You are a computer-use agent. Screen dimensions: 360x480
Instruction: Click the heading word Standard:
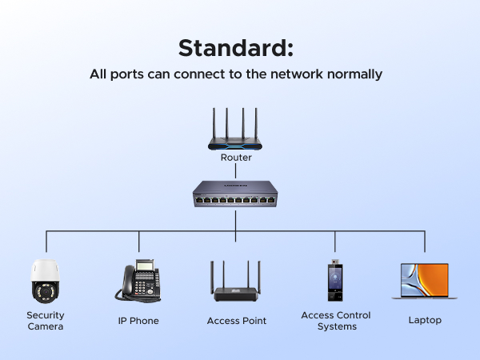[x=236, y=48]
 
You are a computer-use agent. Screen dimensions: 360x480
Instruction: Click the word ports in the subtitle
[x=132, y=74]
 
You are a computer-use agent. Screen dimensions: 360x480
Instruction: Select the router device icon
[x=234, y=131]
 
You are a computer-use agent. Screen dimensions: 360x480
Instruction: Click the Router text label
[x=236, y=158]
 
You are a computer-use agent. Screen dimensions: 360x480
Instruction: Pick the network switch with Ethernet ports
[x=235, y=193]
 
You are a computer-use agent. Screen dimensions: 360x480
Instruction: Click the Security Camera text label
[x=46, y=321]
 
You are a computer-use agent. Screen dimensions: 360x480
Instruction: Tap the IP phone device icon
[x=138, y=281]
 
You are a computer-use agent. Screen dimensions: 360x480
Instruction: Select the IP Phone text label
[x=138, y=321]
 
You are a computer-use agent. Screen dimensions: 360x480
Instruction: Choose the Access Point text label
[x=236, y=321]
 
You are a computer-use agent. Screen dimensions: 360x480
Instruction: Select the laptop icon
[x=424, y=282]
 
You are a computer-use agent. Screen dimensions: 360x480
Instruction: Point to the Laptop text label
[x=424, y=321]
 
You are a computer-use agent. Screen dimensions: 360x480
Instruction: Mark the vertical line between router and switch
[x=235, y=172]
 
